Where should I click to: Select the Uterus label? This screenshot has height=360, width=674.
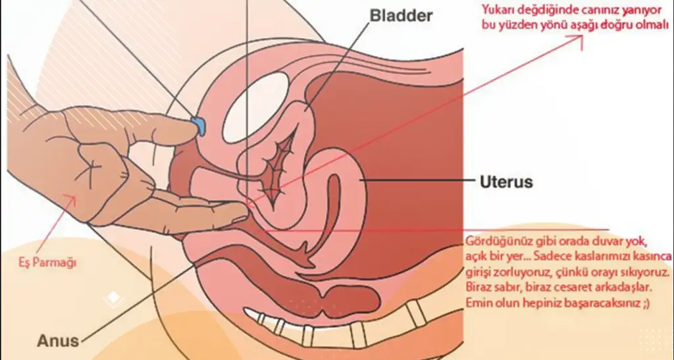(505, 181)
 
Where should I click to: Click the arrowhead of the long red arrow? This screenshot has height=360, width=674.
(579, 39)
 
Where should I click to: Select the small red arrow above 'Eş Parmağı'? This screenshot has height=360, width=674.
(68, 200)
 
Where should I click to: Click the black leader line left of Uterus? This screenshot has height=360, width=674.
(415, 180)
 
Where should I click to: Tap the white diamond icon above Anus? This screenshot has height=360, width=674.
(113, 299)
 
